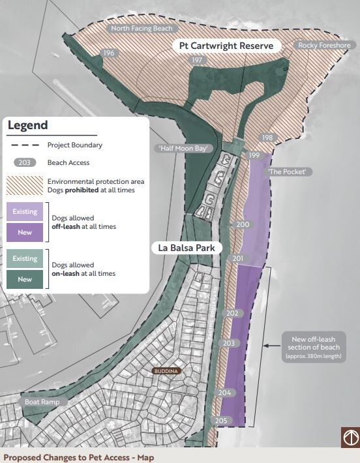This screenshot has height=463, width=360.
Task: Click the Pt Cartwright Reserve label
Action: pos(226,46)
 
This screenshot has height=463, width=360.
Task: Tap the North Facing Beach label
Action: pos(141,29)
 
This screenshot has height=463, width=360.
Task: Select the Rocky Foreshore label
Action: pos(324,45)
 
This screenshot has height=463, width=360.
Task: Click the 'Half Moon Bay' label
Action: pos(185,149)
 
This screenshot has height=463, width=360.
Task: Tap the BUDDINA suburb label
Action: pos(166,371)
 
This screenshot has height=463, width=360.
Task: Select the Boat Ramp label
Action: pos(42,402)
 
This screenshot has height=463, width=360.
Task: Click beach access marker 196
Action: pos(108,53)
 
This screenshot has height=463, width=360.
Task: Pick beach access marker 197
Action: pos(197,60)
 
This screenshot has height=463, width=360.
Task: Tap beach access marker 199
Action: pos(254,155)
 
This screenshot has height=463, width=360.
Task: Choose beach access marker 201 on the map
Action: pos(237,259)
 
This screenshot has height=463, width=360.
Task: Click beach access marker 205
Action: pos(221,421)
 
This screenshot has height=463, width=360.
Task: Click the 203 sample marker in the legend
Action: pos(25,162)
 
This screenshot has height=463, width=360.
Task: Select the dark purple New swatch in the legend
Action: pos(25,232)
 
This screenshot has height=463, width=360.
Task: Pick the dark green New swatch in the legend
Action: pos(25,279)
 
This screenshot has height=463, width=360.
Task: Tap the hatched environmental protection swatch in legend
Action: pos(25,185)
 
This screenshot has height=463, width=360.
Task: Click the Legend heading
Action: pos(27,125)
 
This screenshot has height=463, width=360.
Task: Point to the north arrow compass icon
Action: pos(350,438)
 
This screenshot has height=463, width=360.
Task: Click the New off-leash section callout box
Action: pos(313,347)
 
